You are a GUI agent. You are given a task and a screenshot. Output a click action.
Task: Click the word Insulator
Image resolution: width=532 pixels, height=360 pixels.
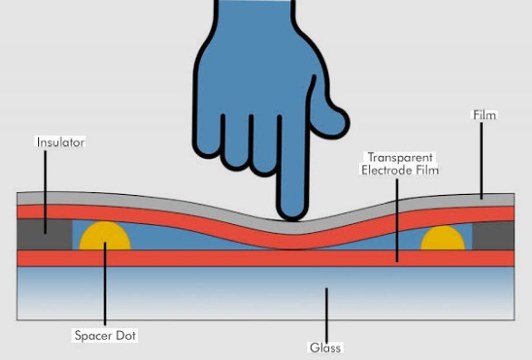(x=61, y=142)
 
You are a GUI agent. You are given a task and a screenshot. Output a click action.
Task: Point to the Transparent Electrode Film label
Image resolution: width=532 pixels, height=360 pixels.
(x=400, y=163)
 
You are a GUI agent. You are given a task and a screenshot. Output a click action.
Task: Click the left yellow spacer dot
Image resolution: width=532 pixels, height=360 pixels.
(x=105, y=238)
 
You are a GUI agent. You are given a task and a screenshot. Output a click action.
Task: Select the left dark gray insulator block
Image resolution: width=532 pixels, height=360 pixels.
(x=44, y=235)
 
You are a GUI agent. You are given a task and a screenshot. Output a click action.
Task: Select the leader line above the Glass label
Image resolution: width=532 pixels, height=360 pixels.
(x=324, y=314)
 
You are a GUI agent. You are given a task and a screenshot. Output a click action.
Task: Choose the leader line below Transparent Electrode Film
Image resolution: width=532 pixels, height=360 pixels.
(x=396, y=218)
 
